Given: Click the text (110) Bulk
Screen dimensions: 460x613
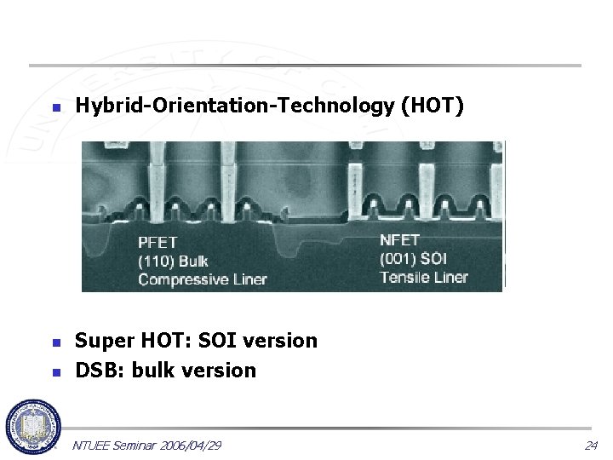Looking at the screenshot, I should (x=173, y=260).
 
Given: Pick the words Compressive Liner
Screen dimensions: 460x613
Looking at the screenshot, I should (x=203, y=279).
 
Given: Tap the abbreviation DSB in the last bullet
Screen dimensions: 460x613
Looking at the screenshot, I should (x=95, y=371).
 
